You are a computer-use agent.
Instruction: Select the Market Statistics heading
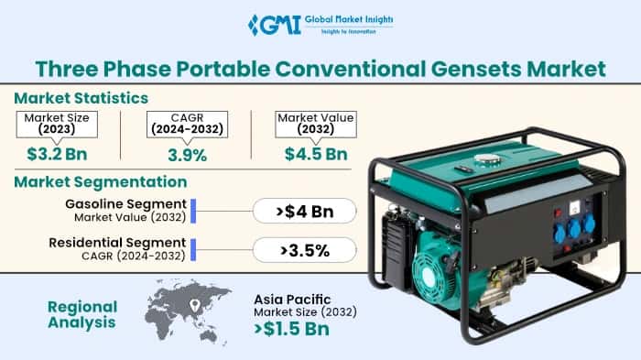82,97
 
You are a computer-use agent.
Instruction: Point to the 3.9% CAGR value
187,154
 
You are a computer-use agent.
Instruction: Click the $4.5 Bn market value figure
315,153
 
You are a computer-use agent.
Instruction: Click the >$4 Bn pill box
304,212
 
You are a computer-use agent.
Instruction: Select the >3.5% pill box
304,248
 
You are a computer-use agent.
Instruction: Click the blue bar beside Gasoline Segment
193,210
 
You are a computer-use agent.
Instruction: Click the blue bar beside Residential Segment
193,248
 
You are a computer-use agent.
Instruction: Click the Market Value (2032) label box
315,123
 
